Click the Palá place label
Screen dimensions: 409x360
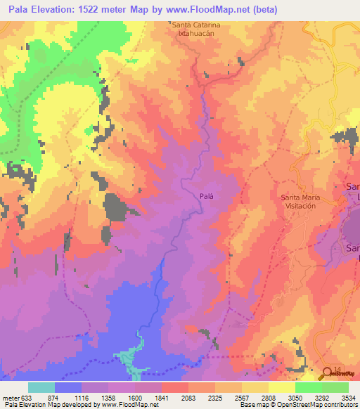tap(205, 197)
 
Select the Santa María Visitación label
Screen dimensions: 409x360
tap(301, 202)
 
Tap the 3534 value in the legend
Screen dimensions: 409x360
tap(347, 397)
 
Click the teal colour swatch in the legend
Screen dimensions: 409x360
tap(41, 387)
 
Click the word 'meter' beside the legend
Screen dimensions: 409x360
tap(10, 397)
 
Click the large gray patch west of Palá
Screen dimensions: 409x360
tap(116, 207)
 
